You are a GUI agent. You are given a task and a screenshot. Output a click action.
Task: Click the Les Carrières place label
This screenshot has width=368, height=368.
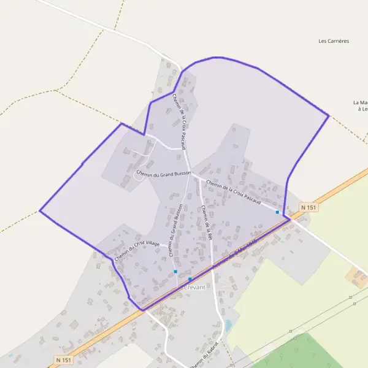tap(334, 41)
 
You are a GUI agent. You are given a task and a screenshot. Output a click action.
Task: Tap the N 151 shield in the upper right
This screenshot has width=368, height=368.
tap(310, 208)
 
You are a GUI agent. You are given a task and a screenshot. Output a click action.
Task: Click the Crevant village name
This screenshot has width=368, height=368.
tap(194, 287)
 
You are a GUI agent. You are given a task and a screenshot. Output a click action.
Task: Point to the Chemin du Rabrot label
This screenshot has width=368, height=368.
tap(204, 353)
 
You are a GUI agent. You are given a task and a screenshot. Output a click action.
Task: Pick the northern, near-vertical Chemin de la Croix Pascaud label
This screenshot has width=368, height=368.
tap(182, 121)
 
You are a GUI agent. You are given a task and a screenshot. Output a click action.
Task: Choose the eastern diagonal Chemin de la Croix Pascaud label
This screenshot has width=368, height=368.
tap(234, 192)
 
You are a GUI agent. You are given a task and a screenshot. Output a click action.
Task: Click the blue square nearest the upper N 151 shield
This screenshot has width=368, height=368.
tap(277, 212)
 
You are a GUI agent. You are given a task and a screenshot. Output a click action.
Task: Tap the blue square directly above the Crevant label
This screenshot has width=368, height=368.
tap(190, 279)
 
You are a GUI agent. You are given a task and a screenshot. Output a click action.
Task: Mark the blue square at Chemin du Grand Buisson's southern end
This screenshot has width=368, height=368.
tap(175, 271)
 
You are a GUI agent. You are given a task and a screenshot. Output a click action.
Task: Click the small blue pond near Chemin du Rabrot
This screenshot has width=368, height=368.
tap(228, 324)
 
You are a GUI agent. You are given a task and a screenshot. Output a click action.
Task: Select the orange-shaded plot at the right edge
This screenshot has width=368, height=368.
tap(356, 277)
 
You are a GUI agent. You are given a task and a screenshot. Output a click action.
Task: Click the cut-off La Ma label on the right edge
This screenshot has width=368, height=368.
tap(361, 105)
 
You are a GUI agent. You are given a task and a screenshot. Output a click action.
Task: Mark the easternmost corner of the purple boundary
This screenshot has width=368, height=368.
tap(329, 115)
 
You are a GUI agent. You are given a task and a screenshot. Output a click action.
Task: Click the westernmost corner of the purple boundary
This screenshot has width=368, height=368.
tap(40, 211)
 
